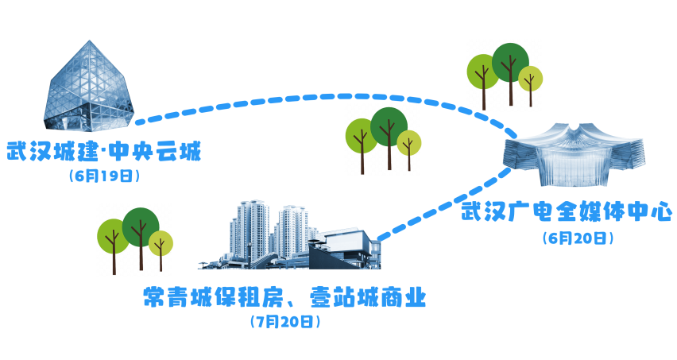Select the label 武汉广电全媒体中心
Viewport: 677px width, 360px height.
pos(567,213)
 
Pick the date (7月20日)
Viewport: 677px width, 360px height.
pos(284,322)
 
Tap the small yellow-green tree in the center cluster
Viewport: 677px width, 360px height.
pos(409,144)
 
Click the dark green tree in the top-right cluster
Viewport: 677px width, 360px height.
pos(510,63)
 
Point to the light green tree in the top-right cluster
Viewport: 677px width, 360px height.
pos(482,72)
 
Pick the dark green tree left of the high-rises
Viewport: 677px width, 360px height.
pos(141,227)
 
